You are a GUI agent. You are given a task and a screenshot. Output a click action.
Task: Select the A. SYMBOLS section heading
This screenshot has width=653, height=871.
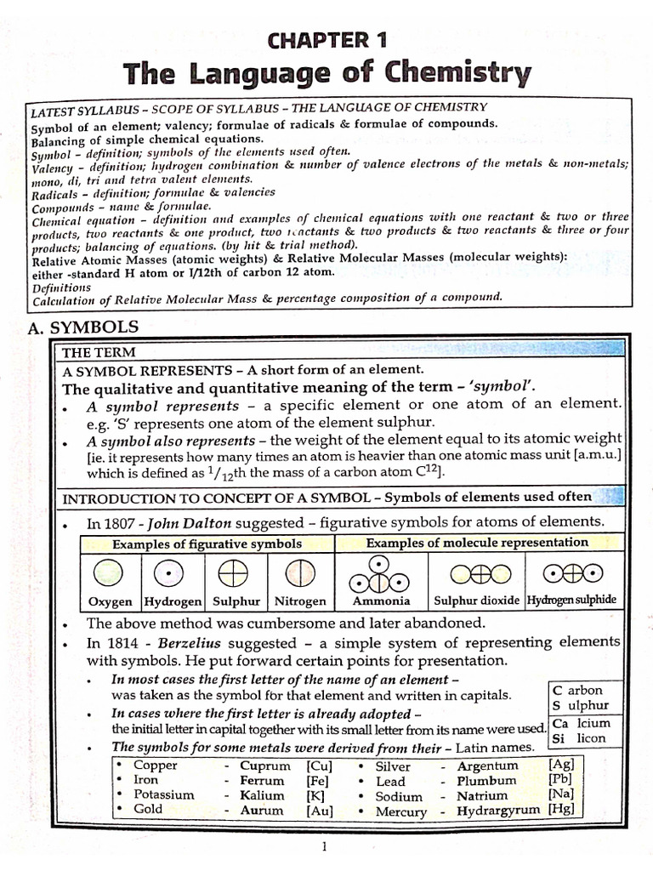(x=83, y=327)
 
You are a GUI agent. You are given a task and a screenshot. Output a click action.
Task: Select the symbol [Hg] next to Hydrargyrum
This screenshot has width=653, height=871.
(x=562, y=809)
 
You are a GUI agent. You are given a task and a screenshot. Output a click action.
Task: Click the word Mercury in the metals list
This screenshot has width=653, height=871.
(x=400, y=811)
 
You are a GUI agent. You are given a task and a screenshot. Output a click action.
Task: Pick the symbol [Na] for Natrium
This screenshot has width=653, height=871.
(x=562, y=794)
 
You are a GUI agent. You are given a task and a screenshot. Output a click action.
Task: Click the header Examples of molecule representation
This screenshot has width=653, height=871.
(x=476, y=543)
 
